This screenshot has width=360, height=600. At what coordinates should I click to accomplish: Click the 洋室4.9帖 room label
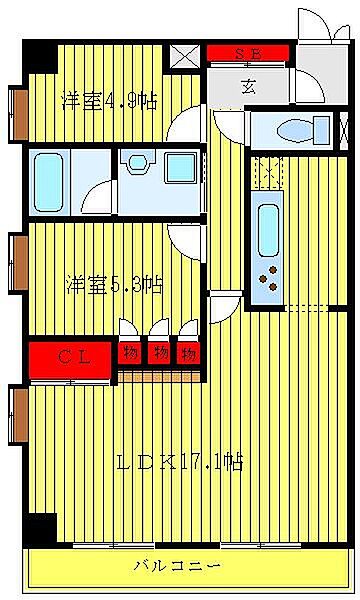point(109,101)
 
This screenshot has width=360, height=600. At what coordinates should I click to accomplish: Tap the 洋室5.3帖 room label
point(115,284)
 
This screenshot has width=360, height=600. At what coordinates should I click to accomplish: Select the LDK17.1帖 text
point(180,463)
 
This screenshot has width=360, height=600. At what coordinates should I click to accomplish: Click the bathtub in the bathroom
point(49,182)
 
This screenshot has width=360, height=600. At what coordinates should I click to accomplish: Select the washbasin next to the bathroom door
point(135,162)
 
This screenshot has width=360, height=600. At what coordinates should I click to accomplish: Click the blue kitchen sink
point(268,229)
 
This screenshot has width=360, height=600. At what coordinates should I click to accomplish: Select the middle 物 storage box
point(159,353)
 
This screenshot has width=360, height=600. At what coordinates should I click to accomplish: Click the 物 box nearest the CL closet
point(130,353)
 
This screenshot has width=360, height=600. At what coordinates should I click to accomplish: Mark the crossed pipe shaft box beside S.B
point(185,57)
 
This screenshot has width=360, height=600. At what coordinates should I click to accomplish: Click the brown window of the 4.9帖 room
point(19,112)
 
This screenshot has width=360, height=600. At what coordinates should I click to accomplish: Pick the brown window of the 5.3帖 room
point(19,263)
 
